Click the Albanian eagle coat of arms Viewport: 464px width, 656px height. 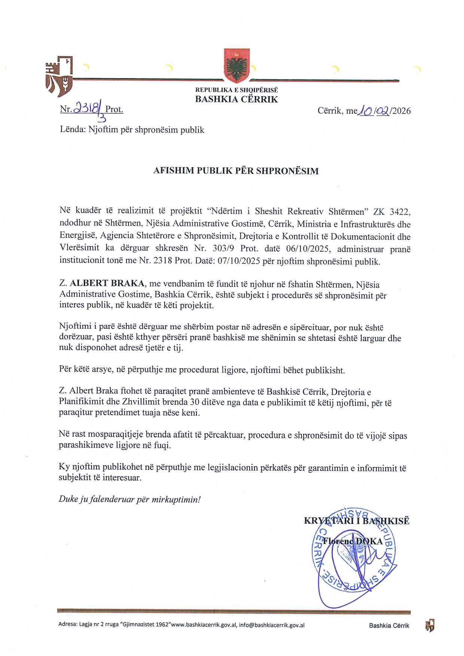(236, 66)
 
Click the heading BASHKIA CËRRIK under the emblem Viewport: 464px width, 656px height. (236, 99)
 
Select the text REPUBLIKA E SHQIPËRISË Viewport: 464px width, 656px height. (236, 90)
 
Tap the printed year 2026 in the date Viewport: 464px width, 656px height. (401, 111)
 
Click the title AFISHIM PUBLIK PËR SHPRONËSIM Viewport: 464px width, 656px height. (236, 171)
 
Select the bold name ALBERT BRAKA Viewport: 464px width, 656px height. (107, 283)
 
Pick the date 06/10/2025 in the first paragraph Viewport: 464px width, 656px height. (299, 249)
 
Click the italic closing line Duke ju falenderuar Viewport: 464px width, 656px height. (129, 499)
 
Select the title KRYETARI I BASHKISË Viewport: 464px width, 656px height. (356, 521)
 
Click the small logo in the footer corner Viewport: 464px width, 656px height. (430, 625)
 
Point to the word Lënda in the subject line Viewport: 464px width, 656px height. (73, 130)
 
